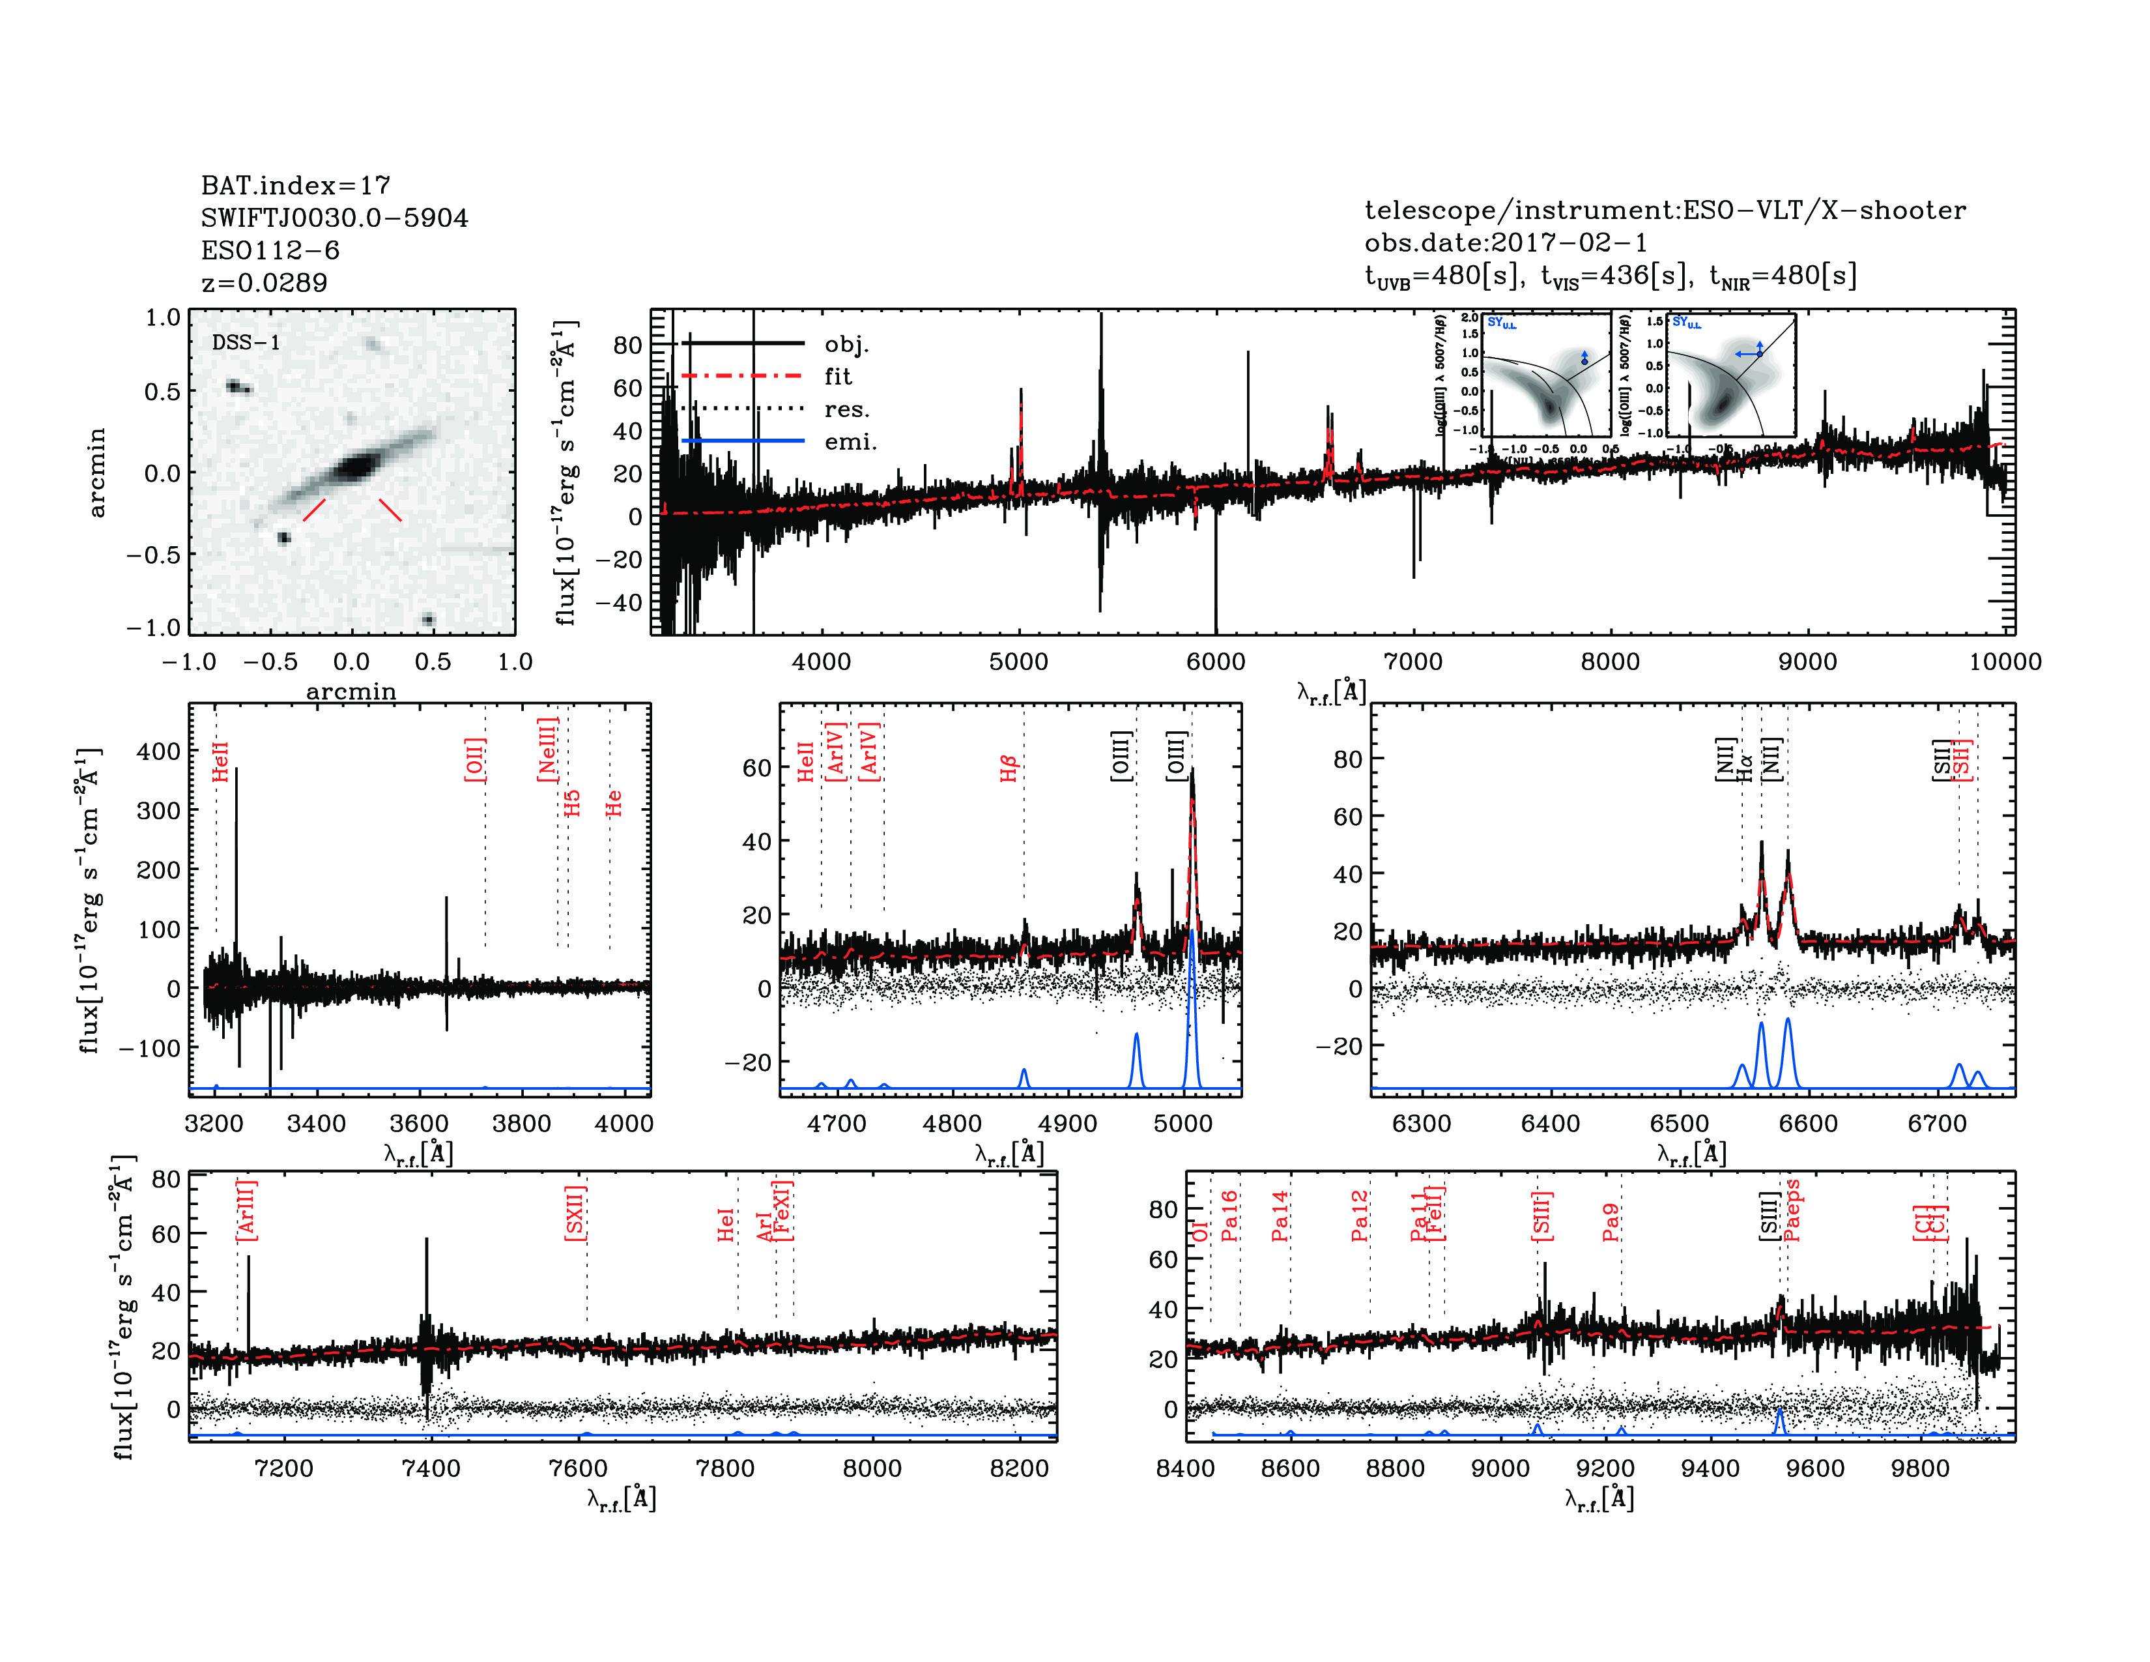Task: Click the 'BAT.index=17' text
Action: click(x=295, y=185)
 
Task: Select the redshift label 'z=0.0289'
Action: click(x=264, y=283)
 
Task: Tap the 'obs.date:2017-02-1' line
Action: click(x=1505, y=242)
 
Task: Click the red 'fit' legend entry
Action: click(x=838, y=376)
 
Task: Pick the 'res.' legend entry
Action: click(x=846, y=409)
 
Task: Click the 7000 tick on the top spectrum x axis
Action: click(x=1412, y=662)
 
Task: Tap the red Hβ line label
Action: click(x=1008, y=769)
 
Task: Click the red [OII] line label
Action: click(x=474, y=759)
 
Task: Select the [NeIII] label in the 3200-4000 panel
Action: click(x=547, y=750)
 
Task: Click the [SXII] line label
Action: click(x=575, y=1212)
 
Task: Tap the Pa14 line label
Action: click(x=1280, y=1216)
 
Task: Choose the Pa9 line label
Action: click(x=1611, y=1222)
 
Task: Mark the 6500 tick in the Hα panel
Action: click(x=1680, y=1124)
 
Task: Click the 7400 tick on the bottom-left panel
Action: click(x=430, y=1468)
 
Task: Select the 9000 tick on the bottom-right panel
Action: click(x=1500, y=1468)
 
